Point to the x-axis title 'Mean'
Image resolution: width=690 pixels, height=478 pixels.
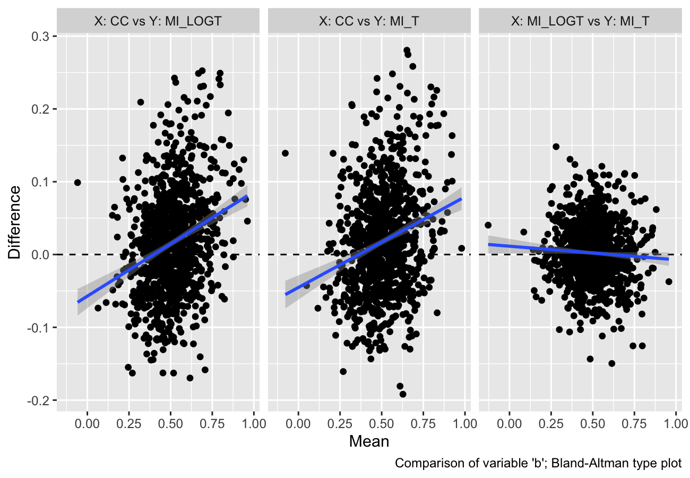coord(368,441)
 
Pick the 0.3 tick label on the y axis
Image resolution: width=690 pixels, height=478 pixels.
coord(41,36)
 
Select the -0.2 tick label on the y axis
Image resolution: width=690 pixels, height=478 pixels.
coord(40,400)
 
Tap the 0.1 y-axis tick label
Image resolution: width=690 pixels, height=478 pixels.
coord(41,182)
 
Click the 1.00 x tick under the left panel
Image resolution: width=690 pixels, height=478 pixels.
coord(253,424)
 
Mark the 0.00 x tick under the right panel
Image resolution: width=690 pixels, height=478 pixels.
coord(510,424)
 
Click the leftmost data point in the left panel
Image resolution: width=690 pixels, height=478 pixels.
coord(77,182)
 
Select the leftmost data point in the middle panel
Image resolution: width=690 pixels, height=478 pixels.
coord(285,153)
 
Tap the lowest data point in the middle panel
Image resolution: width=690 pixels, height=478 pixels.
coord(403,394)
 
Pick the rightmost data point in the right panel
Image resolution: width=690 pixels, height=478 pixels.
coord(668,281)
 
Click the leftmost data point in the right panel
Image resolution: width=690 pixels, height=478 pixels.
coord(488,225)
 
